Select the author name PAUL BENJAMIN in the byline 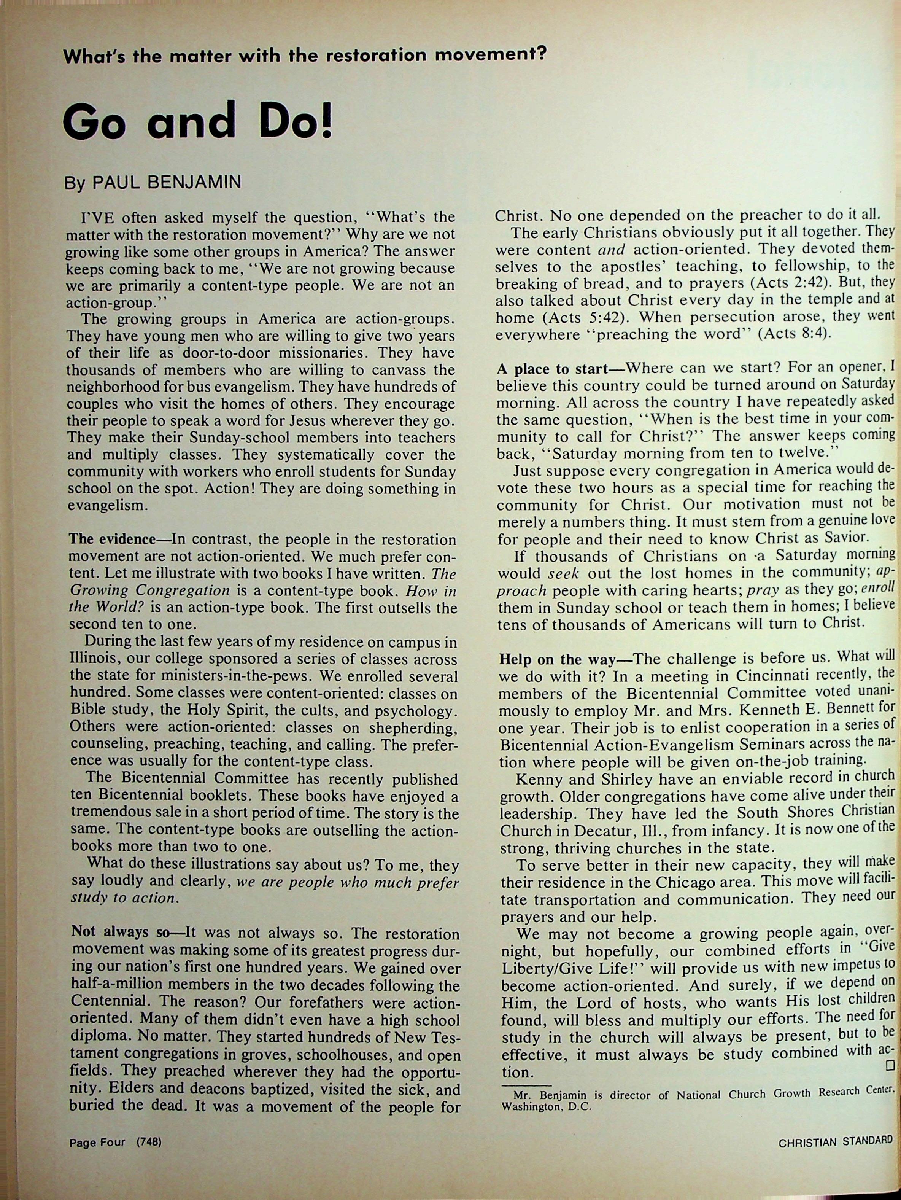[167, 182]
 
